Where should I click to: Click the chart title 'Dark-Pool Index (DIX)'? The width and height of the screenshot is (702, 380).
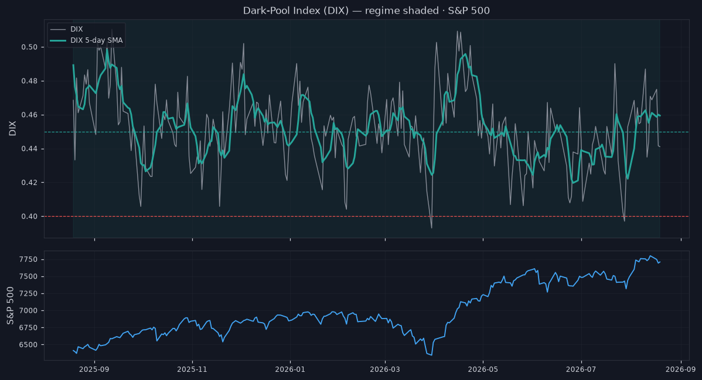coord(296,11)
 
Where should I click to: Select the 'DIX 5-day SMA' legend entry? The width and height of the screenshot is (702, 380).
coord(86,40)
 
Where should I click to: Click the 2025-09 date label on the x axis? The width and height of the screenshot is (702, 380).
coord(94,369)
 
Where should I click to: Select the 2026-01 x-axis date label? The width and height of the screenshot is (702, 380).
coord(290,369)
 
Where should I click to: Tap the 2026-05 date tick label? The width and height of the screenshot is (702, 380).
coord(483,369)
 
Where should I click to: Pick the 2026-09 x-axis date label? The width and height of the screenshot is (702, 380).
coord(680,369)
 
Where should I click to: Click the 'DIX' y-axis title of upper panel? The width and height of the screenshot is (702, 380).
coord(12,128)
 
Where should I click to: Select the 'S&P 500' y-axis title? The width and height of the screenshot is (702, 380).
coord(11,306)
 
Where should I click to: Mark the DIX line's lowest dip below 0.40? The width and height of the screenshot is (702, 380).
coord(431,228)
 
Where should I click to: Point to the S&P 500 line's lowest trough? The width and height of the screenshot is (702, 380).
coord(431,355)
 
